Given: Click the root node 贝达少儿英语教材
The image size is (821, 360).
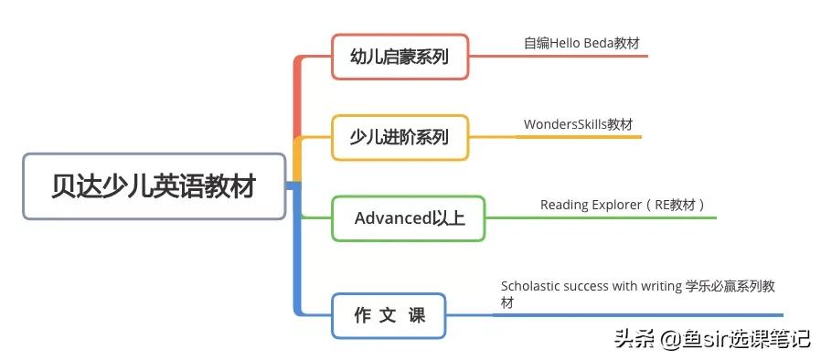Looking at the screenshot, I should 154,186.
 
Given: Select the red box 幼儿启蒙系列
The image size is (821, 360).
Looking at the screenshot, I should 400,56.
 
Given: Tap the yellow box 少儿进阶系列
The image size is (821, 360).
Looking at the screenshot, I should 400,137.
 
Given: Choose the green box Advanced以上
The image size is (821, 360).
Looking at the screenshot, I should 408,217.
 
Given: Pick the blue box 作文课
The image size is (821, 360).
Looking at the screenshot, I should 389,315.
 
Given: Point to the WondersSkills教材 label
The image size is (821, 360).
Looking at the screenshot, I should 578,124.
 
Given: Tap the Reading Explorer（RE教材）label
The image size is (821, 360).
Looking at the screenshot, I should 623,205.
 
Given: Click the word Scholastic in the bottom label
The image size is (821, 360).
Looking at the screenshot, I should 529,286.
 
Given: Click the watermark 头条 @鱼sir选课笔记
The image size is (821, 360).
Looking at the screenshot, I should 712,339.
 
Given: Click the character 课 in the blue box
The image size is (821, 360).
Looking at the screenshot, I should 417,315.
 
